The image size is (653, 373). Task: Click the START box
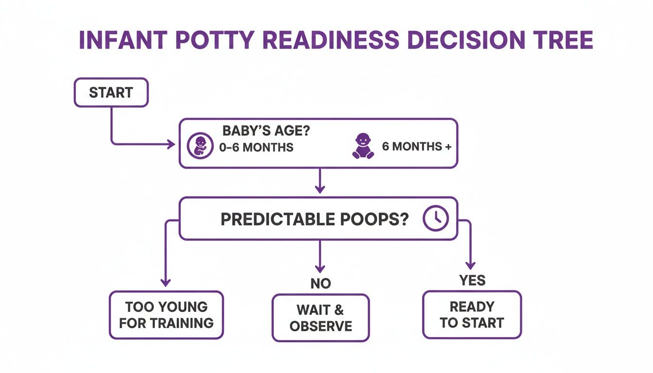(111, 92)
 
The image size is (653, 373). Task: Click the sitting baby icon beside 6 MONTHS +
(363, 146)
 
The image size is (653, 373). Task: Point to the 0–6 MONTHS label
(256, 147)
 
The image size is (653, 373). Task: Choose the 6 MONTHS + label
(416, 146)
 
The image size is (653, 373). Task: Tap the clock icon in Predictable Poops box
(435, 219)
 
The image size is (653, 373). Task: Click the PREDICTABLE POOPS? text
(315, 219)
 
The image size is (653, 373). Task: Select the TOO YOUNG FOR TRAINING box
(166, 315)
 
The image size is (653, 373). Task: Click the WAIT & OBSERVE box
(320, 317)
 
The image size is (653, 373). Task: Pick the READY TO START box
(472, 315)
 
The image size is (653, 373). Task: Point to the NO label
(320, 284)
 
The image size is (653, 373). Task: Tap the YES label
(472, 280)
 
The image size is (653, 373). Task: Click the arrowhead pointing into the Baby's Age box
(172, 144)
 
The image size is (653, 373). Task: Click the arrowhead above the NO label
(320, 269)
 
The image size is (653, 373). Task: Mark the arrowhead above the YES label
(470, 265)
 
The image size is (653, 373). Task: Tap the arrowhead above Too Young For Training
(166, 282)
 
